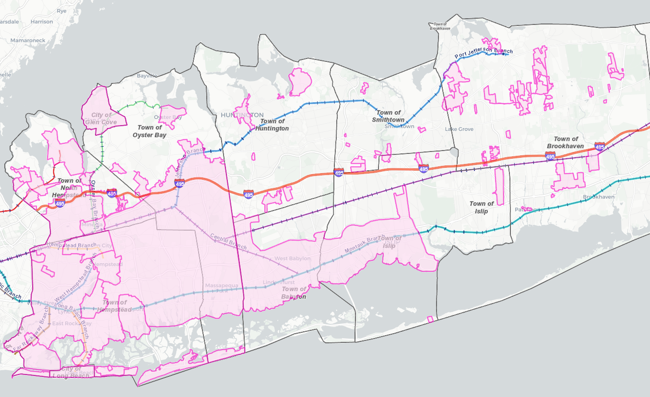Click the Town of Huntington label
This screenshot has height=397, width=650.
pyautogui.click(x=272, y=125)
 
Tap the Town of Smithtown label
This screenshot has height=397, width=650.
pyautogui.click(x=389, y=116)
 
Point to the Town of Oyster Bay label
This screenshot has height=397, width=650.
pyautogui.click(x=149, y=131)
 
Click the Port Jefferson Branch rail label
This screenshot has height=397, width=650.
pyautogui.click(x=484, y=54)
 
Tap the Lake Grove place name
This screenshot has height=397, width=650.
pyautogui.click(x=459, y=129)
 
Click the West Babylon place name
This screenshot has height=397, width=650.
pyautogui.click(x=292, y=258)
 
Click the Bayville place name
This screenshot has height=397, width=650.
pyautogui.click(x=147, y=76)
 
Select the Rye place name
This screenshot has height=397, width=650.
pyautogui.click(x=61, y=10)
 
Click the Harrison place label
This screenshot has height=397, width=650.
pyautogui.click(x=41, y=22)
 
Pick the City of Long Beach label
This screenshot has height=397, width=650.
pyautogui.click(x=75, y=372)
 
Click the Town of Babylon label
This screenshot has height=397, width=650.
pyautogui.click(x=294, y=292)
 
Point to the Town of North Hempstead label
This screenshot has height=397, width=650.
pyautogui.click(x=70, y=188)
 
